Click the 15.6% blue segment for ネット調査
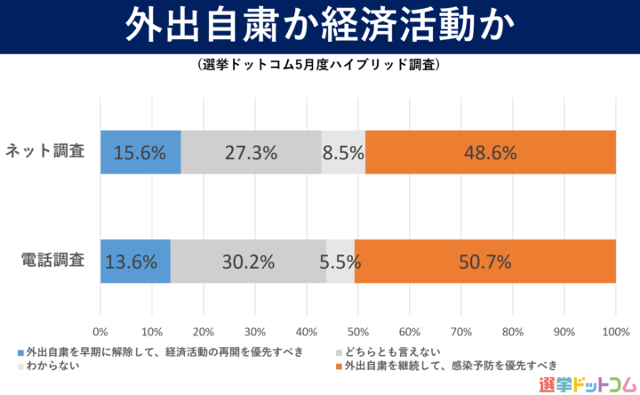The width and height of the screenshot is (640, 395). pos(140,152)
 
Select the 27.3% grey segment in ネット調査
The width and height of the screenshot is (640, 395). pos(251,152)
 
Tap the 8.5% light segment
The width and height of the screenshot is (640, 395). pos(343,152)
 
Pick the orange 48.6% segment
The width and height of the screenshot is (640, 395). pos(490,152)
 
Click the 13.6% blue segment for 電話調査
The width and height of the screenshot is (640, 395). pos(135,262)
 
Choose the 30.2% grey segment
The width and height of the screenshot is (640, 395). pos(248,262)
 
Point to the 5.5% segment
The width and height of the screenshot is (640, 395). pos(340,262)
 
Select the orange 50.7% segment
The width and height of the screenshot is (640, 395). pos(484,262)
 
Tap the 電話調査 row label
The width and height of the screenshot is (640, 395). pos(52,262)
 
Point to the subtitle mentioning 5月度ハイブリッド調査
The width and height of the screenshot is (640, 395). pos(319,66)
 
